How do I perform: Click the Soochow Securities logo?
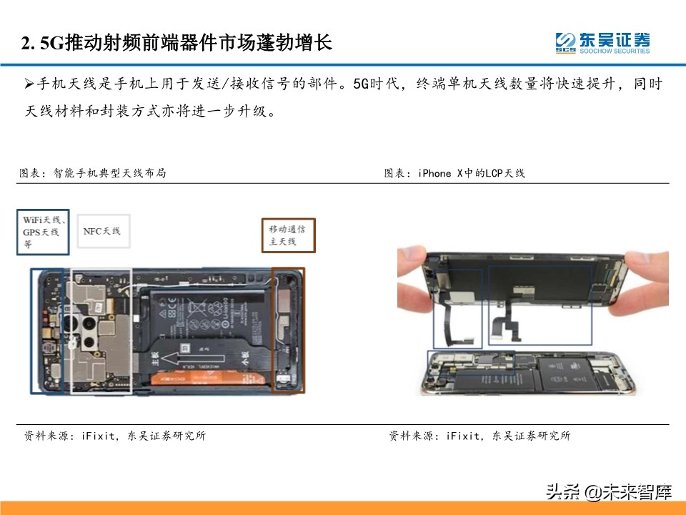602,42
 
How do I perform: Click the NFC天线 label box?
102,231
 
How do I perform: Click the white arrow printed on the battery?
187,357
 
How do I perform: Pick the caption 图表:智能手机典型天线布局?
92,173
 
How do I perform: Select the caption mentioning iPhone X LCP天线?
454,173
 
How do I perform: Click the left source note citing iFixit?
114,436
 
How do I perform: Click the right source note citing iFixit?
479,436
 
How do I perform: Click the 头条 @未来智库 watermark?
608,491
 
